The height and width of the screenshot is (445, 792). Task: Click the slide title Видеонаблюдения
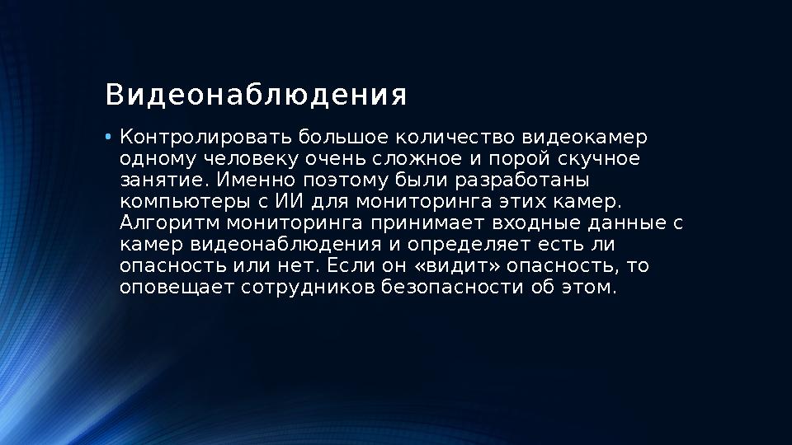click(256, 95)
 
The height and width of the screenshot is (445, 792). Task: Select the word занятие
click(161, 180)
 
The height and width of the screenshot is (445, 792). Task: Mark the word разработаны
click(541, 180)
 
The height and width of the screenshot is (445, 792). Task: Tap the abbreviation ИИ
click(285, 201)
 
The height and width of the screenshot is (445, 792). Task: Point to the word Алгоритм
click(169, 222)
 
